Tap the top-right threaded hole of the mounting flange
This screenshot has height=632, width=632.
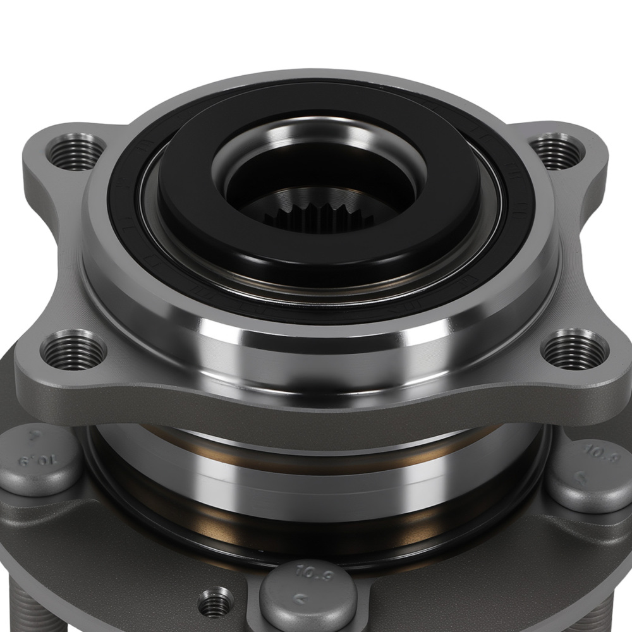pyautogui.click(x=554, y=150)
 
